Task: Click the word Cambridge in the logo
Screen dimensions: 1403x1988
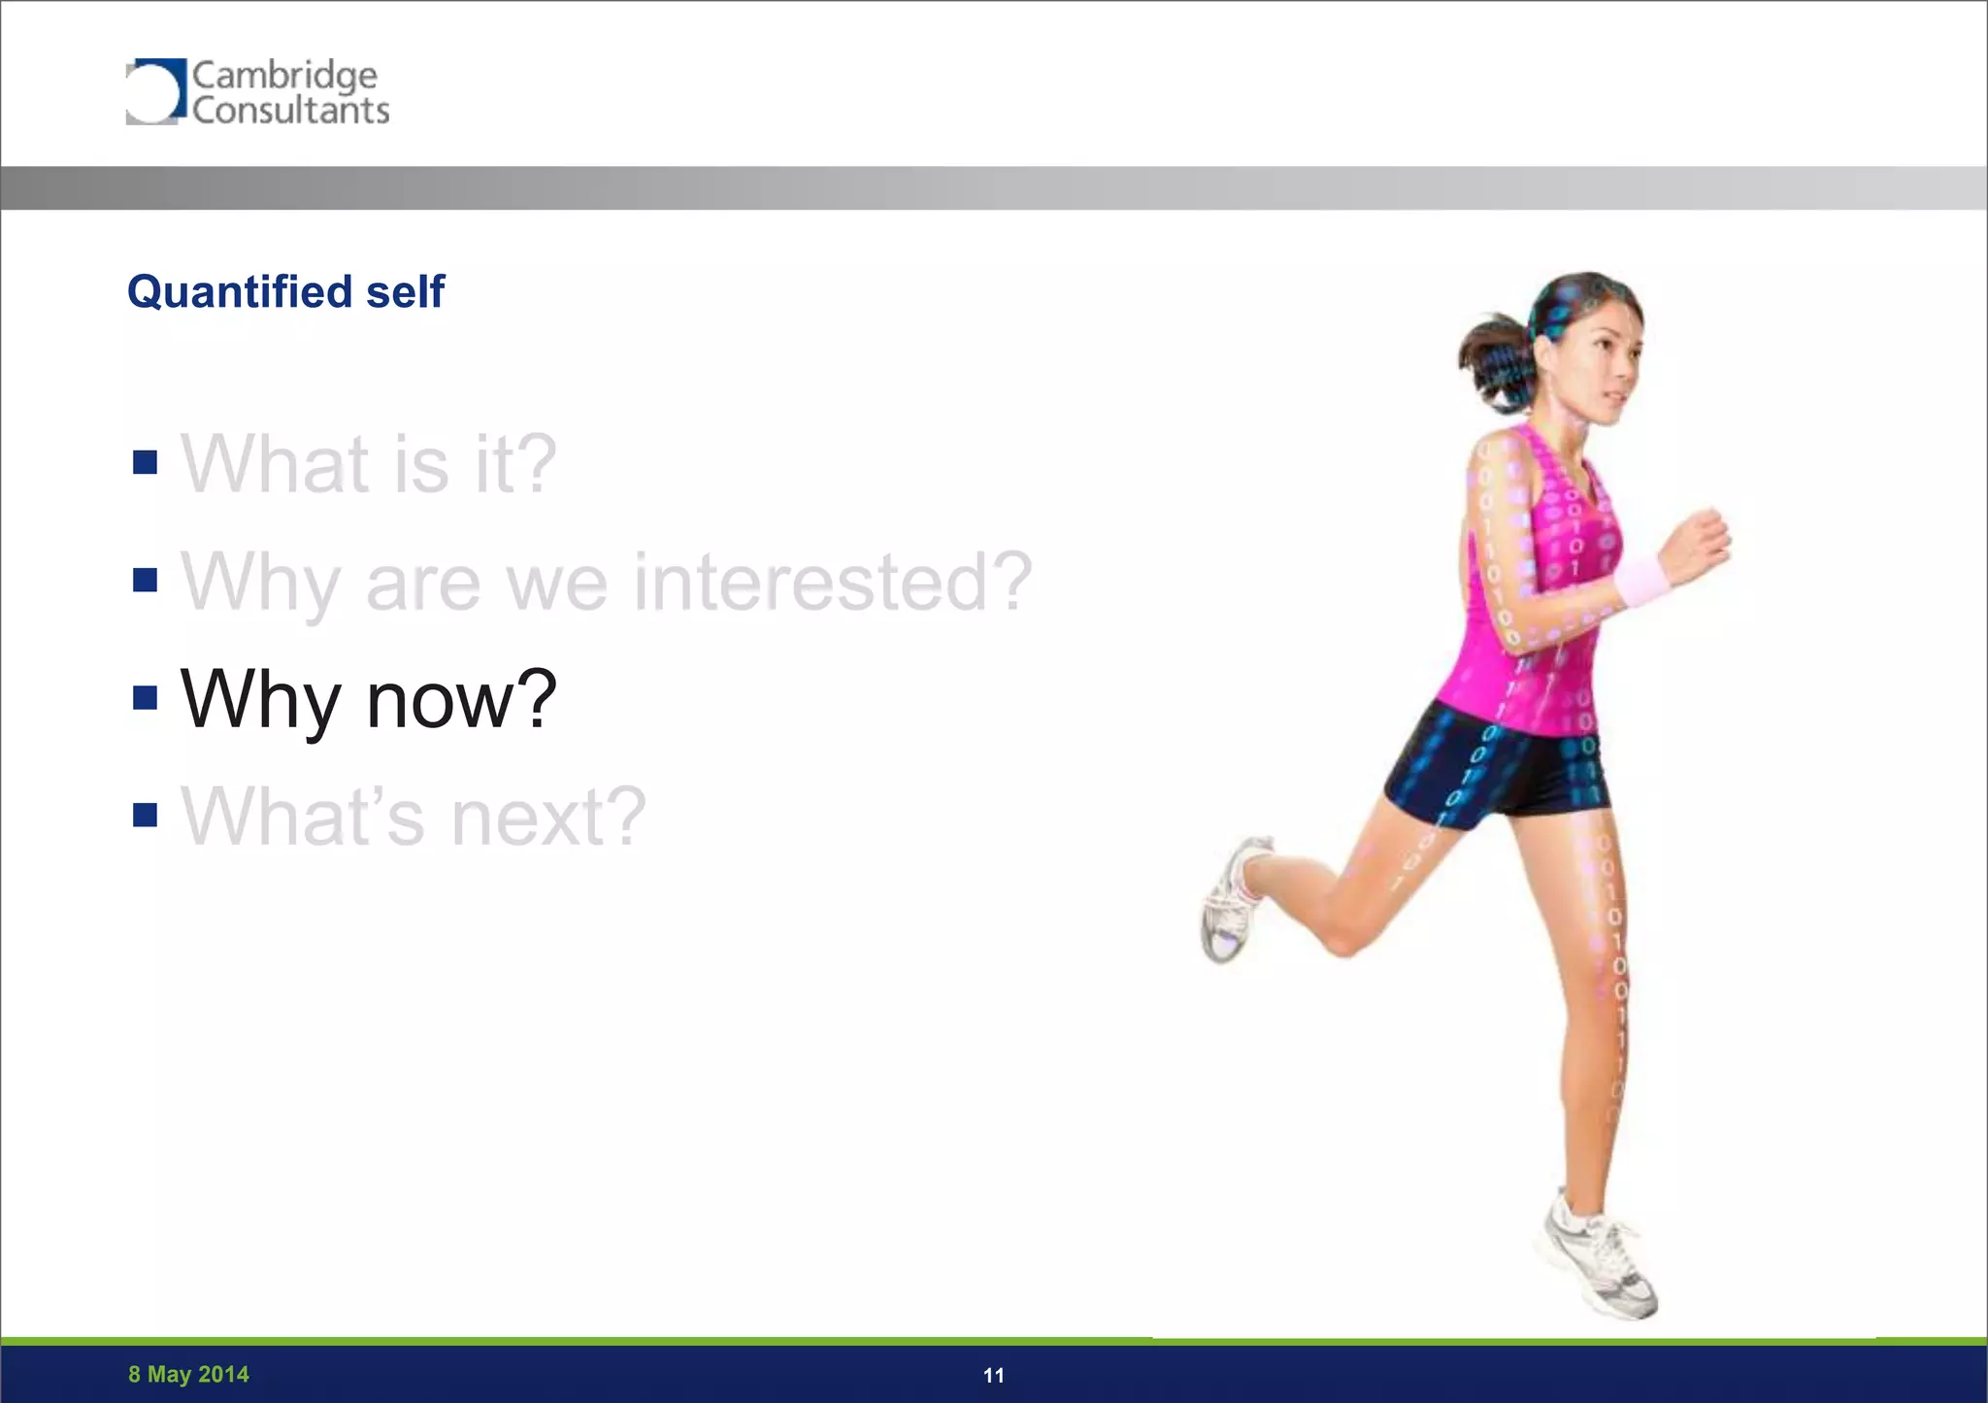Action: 284,76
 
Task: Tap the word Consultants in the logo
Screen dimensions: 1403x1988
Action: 290,111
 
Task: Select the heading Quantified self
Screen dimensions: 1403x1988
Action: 285,291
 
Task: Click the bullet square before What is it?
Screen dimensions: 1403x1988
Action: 145,462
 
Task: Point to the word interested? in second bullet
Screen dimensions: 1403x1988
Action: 833,582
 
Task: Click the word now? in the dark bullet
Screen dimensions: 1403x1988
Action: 461,699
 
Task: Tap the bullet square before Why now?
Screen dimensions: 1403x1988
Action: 145,697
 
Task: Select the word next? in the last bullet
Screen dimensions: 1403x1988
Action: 548,817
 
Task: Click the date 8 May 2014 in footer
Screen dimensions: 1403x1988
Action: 188,1374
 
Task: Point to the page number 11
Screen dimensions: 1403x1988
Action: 993,1375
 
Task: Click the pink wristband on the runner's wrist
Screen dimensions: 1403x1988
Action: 1640,581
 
